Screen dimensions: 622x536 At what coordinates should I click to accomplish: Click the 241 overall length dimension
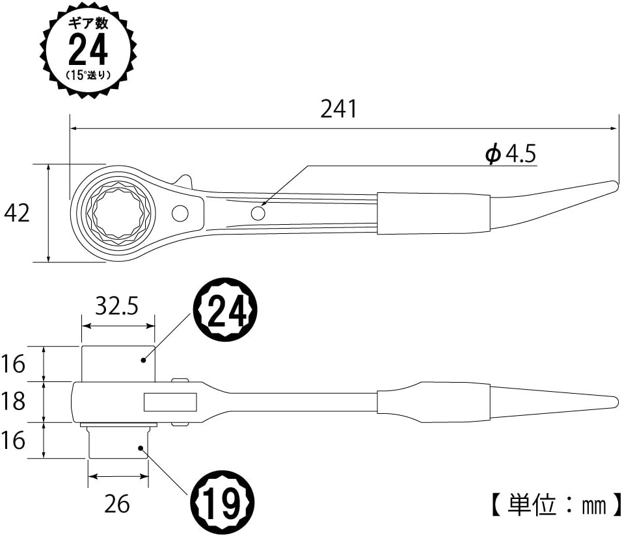(x=338, y=109)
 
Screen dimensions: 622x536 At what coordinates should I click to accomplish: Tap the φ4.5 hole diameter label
(x=511, y=154)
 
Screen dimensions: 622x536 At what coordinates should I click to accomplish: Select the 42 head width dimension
(x=17, y=213)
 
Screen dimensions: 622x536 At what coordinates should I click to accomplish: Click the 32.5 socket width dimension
(x=117, y=306)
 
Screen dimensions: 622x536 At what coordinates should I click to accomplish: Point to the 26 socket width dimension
(x=117, y=504)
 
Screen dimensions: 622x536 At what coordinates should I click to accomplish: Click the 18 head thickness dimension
(x=13, y=401)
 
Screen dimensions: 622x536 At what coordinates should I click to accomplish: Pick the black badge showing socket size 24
(x=225, y=309)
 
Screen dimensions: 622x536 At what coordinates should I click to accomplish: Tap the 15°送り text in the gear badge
(x=88, y=75)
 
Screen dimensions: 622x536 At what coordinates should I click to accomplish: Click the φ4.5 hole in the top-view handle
(x=258, y=214)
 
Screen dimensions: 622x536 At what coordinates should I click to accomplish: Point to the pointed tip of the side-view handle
(x=617, y=402)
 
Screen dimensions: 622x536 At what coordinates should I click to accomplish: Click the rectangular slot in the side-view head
(x=170, y=402)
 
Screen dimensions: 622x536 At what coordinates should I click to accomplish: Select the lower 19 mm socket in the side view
(x=118, y=442)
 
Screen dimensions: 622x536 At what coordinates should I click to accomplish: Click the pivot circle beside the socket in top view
(x=180, y=214)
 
